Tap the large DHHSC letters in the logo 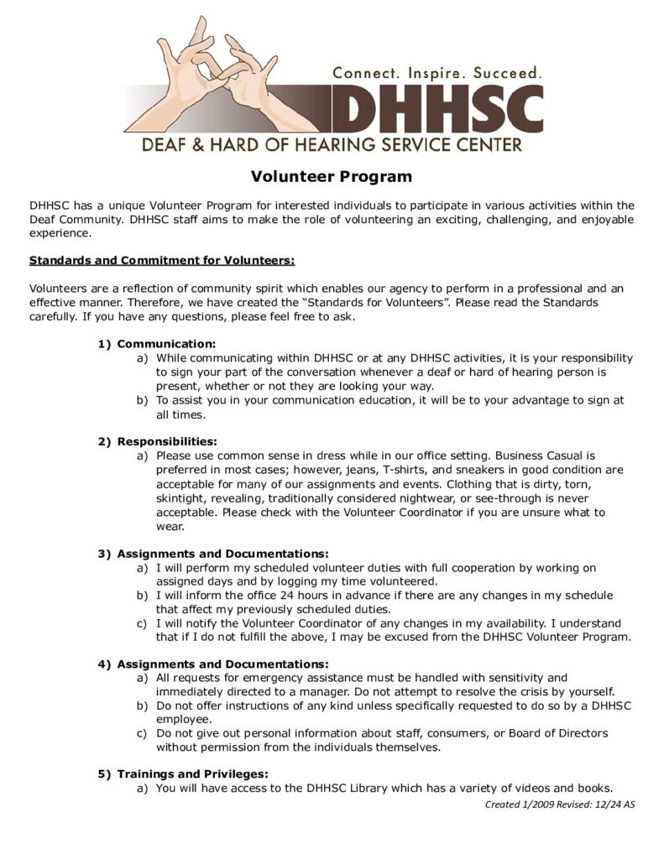tap(437, 108)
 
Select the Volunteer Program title tap(332, 176)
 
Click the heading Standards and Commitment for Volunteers tap(161, 260)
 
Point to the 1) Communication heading tap(157, 344)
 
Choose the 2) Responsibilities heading tap(158, 441)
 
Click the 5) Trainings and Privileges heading tap(183, 773)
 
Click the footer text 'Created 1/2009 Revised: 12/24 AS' tap(560, 804)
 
